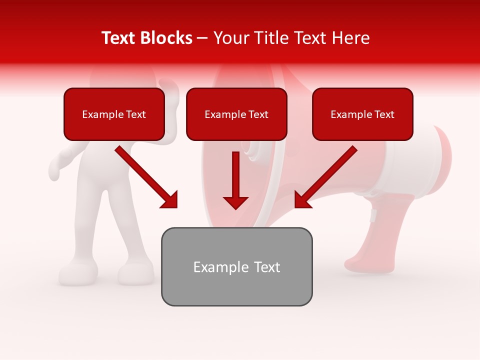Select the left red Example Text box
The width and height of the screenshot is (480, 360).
114,114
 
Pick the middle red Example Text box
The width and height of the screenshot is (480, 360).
236,114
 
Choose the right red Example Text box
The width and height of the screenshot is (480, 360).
362,114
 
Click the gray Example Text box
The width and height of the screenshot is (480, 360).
236,266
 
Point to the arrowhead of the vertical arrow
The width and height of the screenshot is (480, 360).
235,202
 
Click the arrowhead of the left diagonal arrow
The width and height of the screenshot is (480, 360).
170,200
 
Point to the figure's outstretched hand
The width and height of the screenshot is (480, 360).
56,167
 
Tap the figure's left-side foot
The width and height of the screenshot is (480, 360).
77,273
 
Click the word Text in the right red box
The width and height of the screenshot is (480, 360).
384,114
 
